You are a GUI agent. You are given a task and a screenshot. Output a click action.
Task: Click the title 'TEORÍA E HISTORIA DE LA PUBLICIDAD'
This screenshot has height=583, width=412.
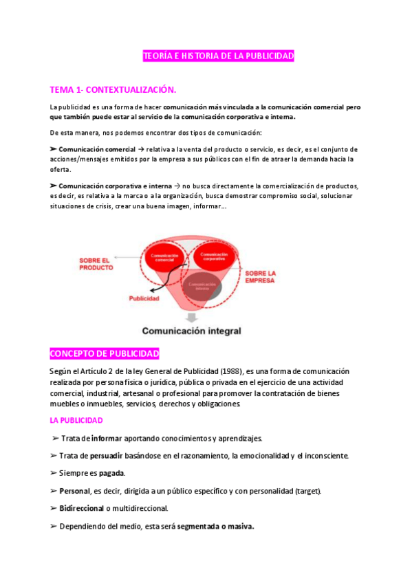pyautogui.click(x=218, y=56)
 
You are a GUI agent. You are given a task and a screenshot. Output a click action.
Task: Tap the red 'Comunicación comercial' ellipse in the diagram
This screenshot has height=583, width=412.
pyautogui.click(x=164, y=258)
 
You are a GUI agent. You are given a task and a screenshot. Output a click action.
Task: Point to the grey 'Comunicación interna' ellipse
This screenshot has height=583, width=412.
pyautogui.click(x=202, y=286)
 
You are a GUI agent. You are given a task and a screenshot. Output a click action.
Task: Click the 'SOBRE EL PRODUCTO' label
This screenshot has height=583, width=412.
pyautogui.click(x=94, y=264)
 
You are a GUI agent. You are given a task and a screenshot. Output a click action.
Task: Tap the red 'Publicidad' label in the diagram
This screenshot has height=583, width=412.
pyautogui.click(x=144, y=299)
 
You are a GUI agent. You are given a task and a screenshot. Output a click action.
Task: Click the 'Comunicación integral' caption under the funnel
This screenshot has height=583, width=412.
pyautogui.click(x=191, y=331)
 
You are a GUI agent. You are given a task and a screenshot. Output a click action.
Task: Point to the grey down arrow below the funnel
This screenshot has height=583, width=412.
pyautogui.click(x=191, y=316)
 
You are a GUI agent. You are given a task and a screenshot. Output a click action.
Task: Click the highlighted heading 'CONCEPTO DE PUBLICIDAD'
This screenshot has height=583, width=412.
pyautogui.click(x=105, y=354)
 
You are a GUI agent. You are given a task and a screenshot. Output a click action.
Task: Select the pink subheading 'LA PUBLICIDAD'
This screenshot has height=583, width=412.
pyautogui.click(x=76, y=419)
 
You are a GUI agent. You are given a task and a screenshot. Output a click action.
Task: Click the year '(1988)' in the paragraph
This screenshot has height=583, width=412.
pyautogui.click(x=227, y=371)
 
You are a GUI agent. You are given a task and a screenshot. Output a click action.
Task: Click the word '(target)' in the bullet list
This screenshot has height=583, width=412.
pyautogui.click(x=306, y=491)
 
